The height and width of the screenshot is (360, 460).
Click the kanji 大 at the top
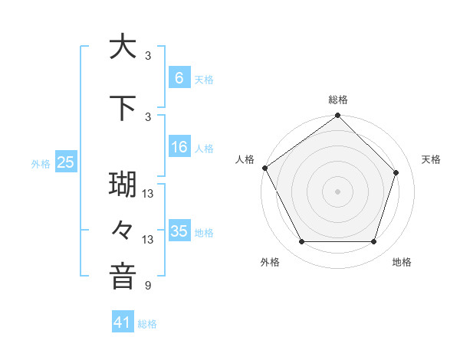(123, 47)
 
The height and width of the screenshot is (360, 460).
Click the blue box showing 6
(179, 77)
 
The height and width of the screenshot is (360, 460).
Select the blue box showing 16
(179, 147)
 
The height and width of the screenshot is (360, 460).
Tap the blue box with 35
(179, 231)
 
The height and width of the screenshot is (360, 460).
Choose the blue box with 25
(65, 162)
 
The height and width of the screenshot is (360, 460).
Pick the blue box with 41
(123, 322)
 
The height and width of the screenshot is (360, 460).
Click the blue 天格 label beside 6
(204, 79)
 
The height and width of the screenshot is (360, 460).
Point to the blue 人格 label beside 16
(204, 148)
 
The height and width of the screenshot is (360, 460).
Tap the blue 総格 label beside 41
(147, 324)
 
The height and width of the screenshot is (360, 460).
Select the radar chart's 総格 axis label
(337, 100)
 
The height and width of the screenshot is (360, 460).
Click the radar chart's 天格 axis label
(431, 159)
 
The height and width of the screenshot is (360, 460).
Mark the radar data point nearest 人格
(264, 168)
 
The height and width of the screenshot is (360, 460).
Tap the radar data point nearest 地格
(373, 242)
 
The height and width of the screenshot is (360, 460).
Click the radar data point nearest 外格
(301, 242)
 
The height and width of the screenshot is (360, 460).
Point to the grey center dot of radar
(337, 191)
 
